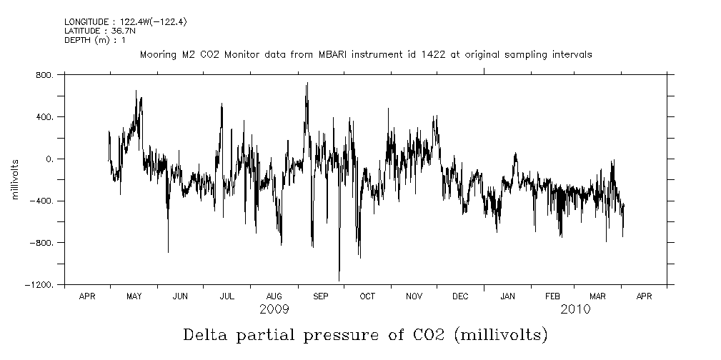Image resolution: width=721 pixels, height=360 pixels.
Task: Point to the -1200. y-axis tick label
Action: pos(40,285)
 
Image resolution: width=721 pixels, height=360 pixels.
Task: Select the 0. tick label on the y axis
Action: pos(49,159)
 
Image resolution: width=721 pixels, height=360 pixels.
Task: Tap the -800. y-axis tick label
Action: pos(42,243)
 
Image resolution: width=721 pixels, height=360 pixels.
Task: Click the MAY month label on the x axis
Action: pos(134,296)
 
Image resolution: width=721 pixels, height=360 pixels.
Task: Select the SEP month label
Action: pos(320,296)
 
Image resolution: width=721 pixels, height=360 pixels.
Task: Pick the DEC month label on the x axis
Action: pos(461,296)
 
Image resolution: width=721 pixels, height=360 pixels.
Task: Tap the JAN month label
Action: pos(507,296)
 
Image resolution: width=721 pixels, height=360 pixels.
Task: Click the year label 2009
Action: pos(274,309)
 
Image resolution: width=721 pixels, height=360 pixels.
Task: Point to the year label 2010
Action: pos(576,309)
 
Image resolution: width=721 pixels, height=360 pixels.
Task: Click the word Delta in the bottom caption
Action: pos(207,334)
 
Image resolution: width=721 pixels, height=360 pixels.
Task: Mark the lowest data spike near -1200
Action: pos(339,280)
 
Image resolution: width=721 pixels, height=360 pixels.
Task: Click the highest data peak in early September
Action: pos(307,84)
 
